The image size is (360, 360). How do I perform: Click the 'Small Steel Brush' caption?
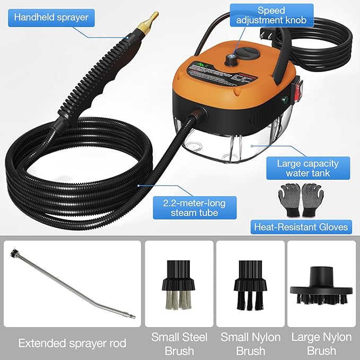click(179, 344)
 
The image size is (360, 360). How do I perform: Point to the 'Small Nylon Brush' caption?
click(251, 344)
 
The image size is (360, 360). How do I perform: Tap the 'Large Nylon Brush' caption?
click(322, 344)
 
